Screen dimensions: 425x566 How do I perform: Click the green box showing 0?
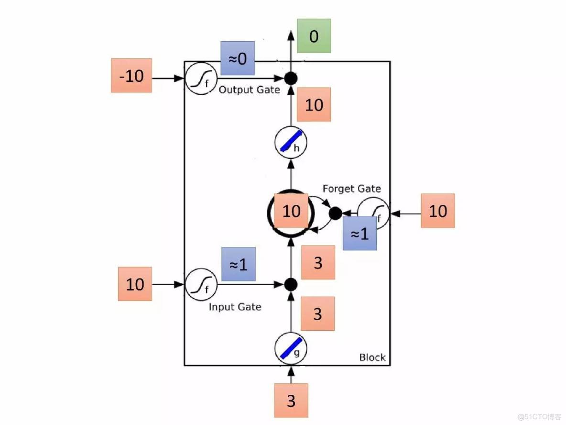click(x=314, y=36)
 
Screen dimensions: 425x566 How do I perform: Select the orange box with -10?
click(x=131, y=76)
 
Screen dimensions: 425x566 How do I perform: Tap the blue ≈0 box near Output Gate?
click(x=237, y=58)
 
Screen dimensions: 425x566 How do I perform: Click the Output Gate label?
click(x=249, y=89)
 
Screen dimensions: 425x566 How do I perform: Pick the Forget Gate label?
click(x=352, y=189)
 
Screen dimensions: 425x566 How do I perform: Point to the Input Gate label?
click(x=235, y=307)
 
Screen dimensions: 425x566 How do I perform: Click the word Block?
click(x=372, y=358)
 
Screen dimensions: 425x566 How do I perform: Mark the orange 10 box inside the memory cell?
click(x=291, y=211)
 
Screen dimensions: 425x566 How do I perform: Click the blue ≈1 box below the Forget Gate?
click(x=359, y=234)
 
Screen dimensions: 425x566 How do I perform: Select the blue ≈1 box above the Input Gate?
click(x=238, y=264)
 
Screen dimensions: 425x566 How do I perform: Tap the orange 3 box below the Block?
click(x=291, y=401)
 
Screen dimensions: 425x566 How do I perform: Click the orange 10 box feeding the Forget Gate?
click(x=437, y=211)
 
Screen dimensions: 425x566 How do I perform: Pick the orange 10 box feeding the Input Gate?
click(x=135, y=284)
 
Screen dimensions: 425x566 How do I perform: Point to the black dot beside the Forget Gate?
click(x=335, y=213)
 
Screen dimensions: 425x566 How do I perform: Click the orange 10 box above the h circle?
click(x=314, y=105)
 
